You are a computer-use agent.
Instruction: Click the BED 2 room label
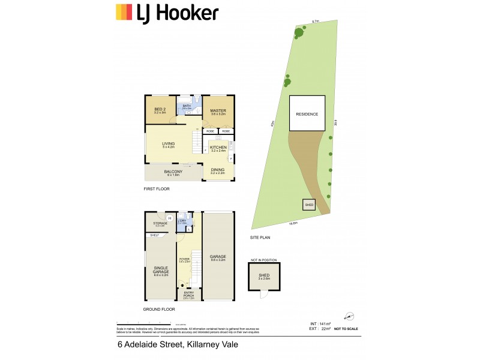pyautogui.click(x=159, y=110)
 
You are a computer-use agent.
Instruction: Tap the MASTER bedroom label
pyautogui.click(x=218, y=110)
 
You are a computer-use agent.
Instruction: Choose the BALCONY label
pyautogui.click(x=173, y=173)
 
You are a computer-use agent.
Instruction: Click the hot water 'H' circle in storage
pyautogui.click(x=170, y=218)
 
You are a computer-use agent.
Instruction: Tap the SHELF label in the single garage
pyautogui.click(x=154, y=235)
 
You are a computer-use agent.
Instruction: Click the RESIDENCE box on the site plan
pyautogui.click(x=307, y=113)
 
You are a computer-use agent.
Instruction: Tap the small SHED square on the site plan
pyautogui.click(x=309, y=205)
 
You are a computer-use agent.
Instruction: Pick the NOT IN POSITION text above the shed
pyautogui.click(x=263, y=260)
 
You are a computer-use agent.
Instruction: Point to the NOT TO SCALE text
pyautogui.click(x=346, y=329)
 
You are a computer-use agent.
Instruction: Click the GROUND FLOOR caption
pyautogui.click(x=159, y=309)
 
